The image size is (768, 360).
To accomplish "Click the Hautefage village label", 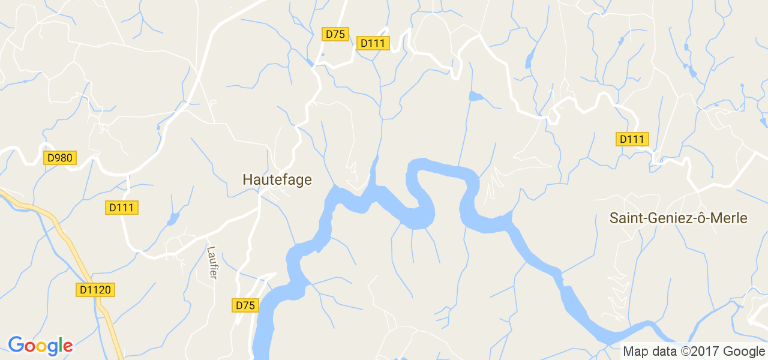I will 277,179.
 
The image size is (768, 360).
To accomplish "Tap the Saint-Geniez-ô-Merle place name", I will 678,218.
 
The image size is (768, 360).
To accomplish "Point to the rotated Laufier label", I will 211,262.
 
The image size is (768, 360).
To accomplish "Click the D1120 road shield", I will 95,290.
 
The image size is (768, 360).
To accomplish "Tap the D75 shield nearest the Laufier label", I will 245,305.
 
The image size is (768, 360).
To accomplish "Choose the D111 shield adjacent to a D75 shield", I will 373,43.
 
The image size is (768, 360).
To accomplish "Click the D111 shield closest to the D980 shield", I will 123,208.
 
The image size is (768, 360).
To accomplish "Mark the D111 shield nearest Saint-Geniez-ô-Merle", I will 632,139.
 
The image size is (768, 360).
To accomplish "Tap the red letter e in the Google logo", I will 67,346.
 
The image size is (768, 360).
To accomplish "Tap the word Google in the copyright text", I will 745,352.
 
